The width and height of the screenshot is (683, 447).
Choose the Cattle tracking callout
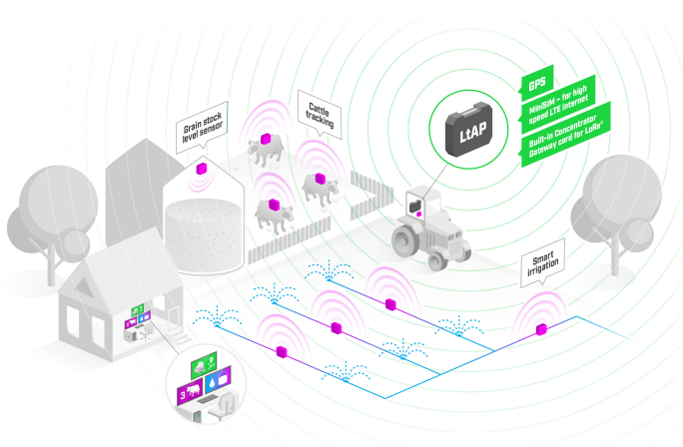coord(320,116)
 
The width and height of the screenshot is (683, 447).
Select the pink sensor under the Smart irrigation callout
coord(542,328)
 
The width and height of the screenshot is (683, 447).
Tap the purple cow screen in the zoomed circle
coord(189,393)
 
